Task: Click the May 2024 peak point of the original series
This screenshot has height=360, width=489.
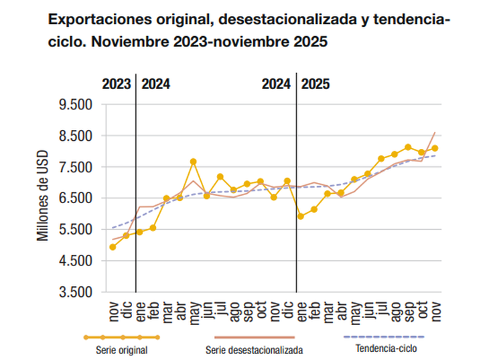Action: pos(193,162)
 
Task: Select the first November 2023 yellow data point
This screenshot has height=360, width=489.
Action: pos(113,247)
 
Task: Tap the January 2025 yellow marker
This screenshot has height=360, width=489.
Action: pos(301,217)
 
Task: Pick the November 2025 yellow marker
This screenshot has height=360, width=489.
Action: pos(435,148)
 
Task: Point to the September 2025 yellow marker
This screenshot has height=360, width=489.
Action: pos(408,147)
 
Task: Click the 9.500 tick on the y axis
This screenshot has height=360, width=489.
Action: pos(74,105)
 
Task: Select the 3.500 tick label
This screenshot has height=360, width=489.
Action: pos(74,292)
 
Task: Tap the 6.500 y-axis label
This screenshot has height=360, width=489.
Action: pos(74,198)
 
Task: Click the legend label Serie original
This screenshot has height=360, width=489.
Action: pos(122,349)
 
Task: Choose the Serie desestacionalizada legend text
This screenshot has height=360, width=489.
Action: pos(254,349)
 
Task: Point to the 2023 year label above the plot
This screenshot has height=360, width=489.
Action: pos(116,84)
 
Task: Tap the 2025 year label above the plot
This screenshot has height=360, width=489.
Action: pos(315,84)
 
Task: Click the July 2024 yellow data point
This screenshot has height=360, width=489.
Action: pos(220,177)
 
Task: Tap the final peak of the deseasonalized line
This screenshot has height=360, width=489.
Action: pos(435,133)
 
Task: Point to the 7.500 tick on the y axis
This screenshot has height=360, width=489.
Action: pos(74,168)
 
